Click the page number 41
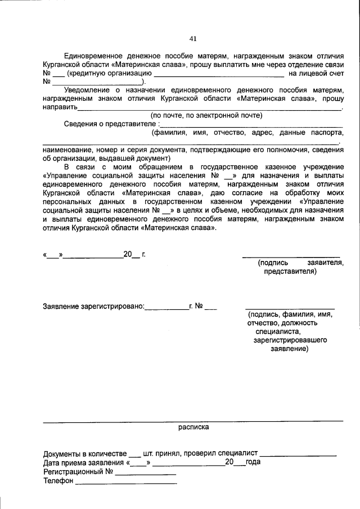193,38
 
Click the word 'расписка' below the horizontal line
193,427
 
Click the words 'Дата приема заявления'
84,462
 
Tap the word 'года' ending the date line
253,462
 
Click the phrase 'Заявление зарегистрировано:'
93,307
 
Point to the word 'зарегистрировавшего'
290,340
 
